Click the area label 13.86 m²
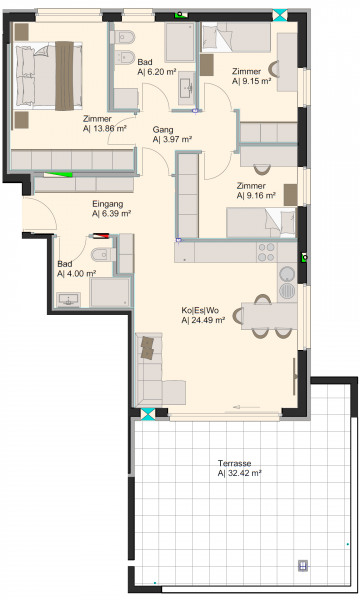pyautogui.click(x=110, y=129)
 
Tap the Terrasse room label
pyautogui.click(x=235, y=463)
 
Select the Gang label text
pyautogui.click(x=163, y=130)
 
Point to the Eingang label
pyautogui.click(x=108, y=204)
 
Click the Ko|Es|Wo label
pyautogui.click(x=200, y=310)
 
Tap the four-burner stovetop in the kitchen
pyautogui.click(x=266, y=252)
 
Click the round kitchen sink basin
pyautogui.click(x=287, y=273)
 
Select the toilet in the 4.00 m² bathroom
pyautogui.click(x=101, y=254)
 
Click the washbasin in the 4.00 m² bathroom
pyautogui.click(x=68, y=299)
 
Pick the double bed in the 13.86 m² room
pyautogui.click(x=47, y=76)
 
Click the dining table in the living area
pyautogui.click(x=269, y=316)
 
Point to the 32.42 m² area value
pyautogui.click(x=245, y=473)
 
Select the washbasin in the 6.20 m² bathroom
pyautogui.click(x=187, y=88)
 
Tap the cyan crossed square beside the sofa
pyautogui.click(x=148, y=414)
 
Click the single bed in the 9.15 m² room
pyautogui.click(x=236, y=37)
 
